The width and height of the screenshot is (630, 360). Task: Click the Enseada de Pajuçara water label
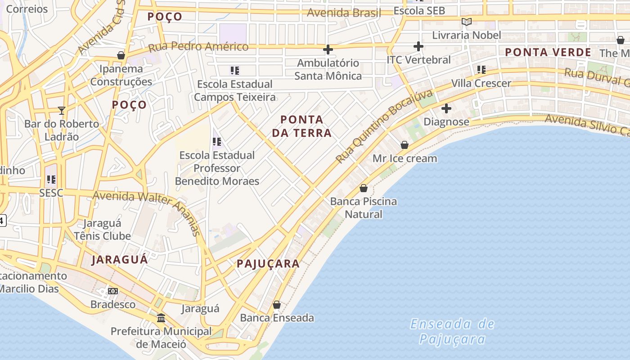(452, 331)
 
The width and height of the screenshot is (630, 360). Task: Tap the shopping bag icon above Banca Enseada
(277, 305)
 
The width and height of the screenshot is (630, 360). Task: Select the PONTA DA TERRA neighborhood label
(306, 126)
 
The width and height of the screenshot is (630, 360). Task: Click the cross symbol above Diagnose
(446, 108)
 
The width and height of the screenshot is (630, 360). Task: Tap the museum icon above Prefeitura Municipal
(161, 318)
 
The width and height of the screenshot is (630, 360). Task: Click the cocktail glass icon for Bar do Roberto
(62, 110)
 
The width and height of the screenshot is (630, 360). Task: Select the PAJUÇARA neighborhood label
(268, 264)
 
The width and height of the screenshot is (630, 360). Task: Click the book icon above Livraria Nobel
(467, 22)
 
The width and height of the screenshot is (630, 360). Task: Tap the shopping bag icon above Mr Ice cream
(405, 145)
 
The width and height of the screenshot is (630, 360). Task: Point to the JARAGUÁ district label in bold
(120, 260)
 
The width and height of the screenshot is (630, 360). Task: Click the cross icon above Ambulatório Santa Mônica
(328, 49)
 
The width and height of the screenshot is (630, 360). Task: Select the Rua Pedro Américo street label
(198, 47)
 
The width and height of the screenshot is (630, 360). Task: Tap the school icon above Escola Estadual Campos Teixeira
(234, 71)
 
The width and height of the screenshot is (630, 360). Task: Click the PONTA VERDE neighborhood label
(548, 52)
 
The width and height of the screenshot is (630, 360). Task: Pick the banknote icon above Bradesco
(113, 291)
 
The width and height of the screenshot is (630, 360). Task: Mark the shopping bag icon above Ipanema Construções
(121, 55)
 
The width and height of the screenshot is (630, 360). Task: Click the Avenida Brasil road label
(344, 13)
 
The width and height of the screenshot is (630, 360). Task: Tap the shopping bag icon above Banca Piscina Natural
(364, 188)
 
